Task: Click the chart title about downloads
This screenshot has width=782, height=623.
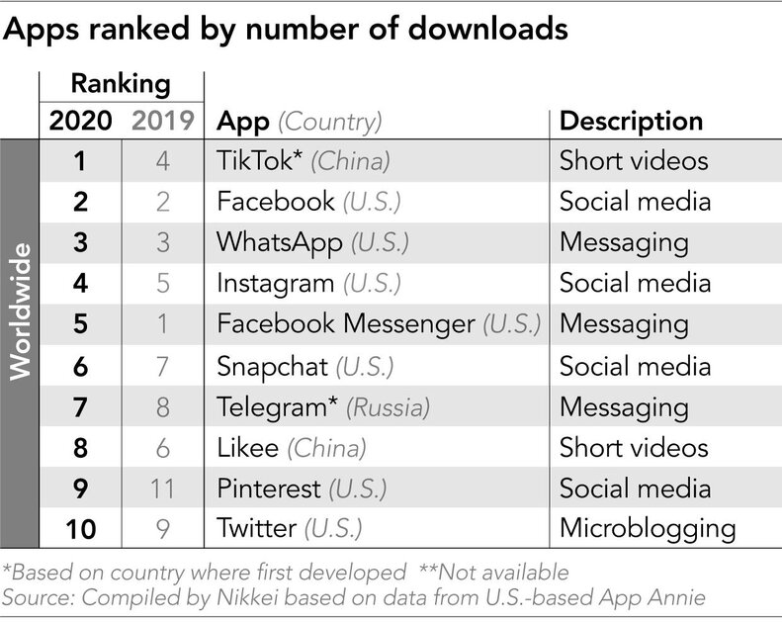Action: pyautogui.click(x=286, y=30)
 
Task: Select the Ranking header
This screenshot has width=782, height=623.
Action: pyautogui.click(x=121, y=83)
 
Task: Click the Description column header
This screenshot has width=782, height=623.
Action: pyautogui.click(x=631, y=121)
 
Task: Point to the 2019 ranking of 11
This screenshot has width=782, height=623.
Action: pyautogui.click(x=162, y=489)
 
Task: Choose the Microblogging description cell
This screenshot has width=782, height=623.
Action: pyautogui.click(x=647, y=528)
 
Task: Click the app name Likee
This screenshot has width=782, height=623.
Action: pyautogui.click(x=248, y=447)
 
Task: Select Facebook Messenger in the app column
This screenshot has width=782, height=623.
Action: pyautogui.click(x=345, y=324)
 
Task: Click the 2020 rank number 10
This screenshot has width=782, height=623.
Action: pyautogui.click(x=79, y=528)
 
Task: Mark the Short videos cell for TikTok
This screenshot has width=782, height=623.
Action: pyautogui.click(x=632, y=161)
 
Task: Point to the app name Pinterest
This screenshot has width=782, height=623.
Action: pyautogui.click(x=269, y=489)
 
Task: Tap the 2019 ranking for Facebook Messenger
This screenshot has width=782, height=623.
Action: pyautogui.click(x=162, y=324)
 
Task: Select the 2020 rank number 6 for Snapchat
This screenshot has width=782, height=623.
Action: pyautogui.click(x=79, y=366)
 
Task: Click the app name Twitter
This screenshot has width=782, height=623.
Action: pyautogui.click(x=255, y=528)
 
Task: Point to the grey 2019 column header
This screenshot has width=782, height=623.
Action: pyautogui.click(x=162, y=122)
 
